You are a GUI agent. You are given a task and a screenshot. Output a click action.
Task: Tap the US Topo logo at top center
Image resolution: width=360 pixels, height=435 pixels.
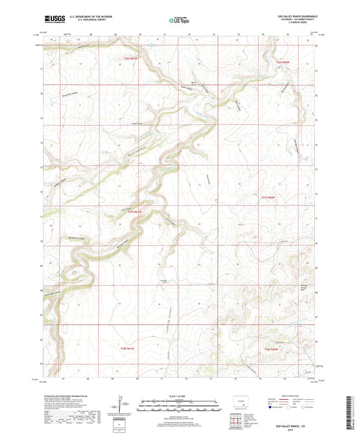pyautogui.click(x=179, y=21)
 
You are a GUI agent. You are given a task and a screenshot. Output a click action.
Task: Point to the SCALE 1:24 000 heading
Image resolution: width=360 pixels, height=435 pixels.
pyautogui.click(x=180, y=395)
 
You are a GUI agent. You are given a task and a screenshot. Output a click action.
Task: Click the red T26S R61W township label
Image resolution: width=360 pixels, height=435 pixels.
pyautogui.click(x=130, y=59)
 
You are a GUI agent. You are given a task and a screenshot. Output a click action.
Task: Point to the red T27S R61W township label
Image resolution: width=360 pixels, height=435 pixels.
pyautogui.click(x=136, y=210)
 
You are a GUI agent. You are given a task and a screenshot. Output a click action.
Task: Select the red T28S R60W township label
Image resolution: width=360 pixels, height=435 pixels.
pyautogui.click(x=272, y=348)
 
